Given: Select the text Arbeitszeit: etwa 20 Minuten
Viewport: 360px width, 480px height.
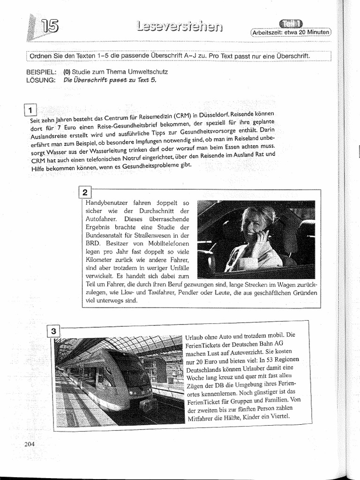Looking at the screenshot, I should [291, 33].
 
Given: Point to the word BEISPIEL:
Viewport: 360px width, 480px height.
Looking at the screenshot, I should [42, 72].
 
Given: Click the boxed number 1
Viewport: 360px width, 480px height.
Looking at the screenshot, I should [30, 111].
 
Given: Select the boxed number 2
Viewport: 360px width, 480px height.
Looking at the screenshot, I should [85, 193].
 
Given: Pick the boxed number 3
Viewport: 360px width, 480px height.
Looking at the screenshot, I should [54, 331].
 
